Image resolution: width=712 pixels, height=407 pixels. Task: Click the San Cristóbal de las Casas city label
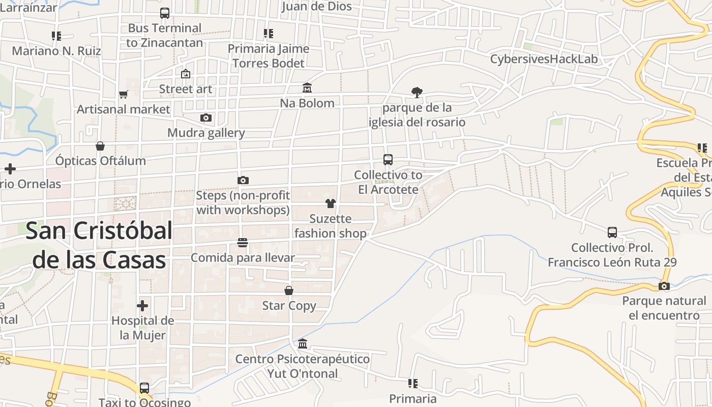99,245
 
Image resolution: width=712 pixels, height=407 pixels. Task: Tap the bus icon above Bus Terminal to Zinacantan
165,13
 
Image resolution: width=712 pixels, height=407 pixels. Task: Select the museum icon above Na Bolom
307,88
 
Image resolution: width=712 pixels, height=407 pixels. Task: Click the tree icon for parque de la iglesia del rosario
417,92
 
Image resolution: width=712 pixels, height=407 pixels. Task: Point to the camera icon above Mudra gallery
206,118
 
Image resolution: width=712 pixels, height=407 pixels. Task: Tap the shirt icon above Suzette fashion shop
331,203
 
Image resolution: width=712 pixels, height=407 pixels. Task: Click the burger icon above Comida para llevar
243,243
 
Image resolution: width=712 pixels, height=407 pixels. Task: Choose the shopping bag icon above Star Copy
289,290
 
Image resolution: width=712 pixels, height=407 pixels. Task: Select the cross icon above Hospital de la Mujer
142,306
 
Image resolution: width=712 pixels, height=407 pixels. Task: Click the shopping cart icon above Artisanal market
123,94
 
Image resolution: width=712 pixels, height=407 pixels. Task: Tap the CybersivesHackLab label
544,59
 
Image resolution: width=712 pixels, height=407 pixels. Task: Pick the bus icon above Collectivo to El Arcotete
388,160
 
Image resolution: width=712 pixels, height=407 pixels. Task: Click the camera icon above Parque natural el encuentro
664,286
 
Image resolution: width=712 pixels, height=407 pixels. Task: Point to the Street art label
186,89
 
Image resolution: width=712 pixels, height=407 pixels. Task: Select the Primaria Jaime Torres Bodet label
268,56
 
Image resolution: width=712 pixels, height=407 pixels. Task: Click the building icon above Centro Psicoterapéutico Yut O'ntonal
303,344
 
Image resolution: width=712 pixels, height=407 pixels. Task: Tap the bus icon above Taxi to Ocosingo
144,388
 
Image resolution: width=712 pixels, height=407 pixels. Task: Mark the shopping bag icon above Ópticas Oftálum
100,146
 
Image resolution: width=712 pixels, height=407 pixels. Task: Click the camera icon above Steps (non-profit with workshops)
243,180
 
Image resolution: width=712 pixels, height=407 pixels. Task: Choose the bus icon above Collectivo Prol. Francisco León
612,232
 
